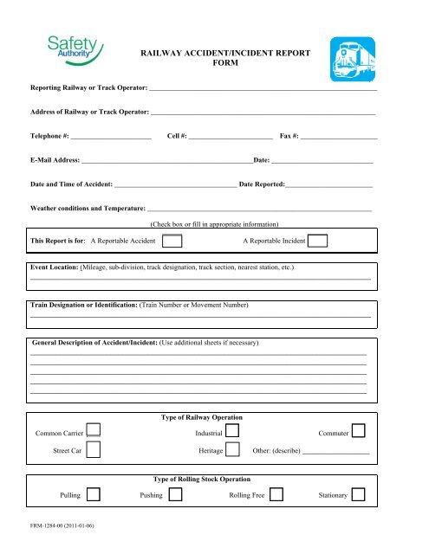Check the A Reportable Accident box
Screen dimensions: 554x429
(172, 241)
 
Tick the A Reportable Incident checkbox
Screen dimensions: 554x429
(317, 241)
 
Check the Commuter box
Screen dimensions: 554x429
(359, 431)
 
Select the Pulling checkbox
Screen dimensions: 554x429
(94, 495)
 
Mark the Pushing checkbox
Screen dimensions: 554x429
(174, 495)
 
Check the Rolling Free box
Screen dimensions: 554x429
(277, 495)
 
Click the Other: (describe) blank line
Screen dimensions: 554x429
(336, 452)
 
